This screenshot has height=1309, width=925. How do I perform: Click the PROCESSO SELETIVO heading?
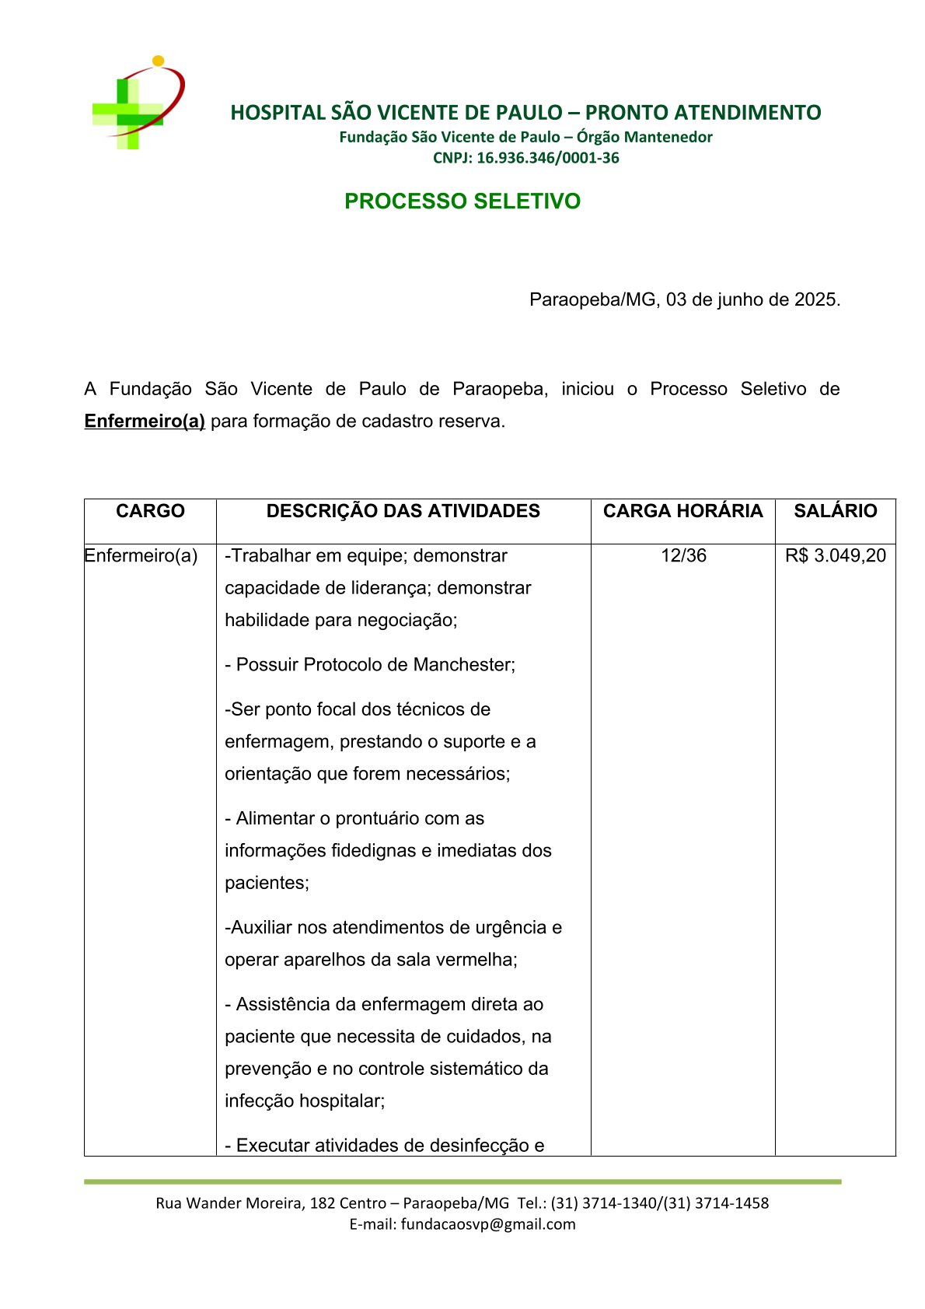click(x=462, y=201)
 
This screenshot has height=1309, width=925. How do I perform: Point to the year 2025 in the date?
click(x=815, y=299)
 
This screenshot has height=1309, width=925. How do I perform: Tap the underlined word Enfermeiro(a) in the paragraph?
click(x=145, y=422)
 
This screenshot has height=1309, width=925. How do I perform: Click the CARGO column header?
click(x=150, y=511)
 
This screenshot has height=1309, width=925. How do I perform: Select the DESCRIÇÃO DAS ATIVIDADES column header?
click(x=403, y=511)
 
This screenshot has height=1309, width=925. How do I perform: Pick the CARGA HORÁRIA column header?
click(x=682, y=511)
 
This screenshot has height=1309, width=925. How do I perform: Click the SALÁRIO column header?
click(x=835, y=511)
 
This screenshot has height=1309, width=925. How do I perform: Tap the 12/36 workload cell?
click(x=683, y=555)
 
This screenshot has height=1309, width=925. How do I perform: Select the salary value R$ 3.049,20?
click(x=835, y=555)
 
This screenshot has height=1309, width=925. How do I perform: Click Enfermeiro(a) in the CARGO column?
click(x=141, y=555)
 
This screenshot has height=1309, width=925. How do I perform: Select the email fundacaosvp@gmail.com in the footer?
click(x=488, y=1224)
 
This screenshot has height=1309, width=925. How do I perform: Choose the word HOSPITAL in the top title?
click(x=277, y=113)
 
